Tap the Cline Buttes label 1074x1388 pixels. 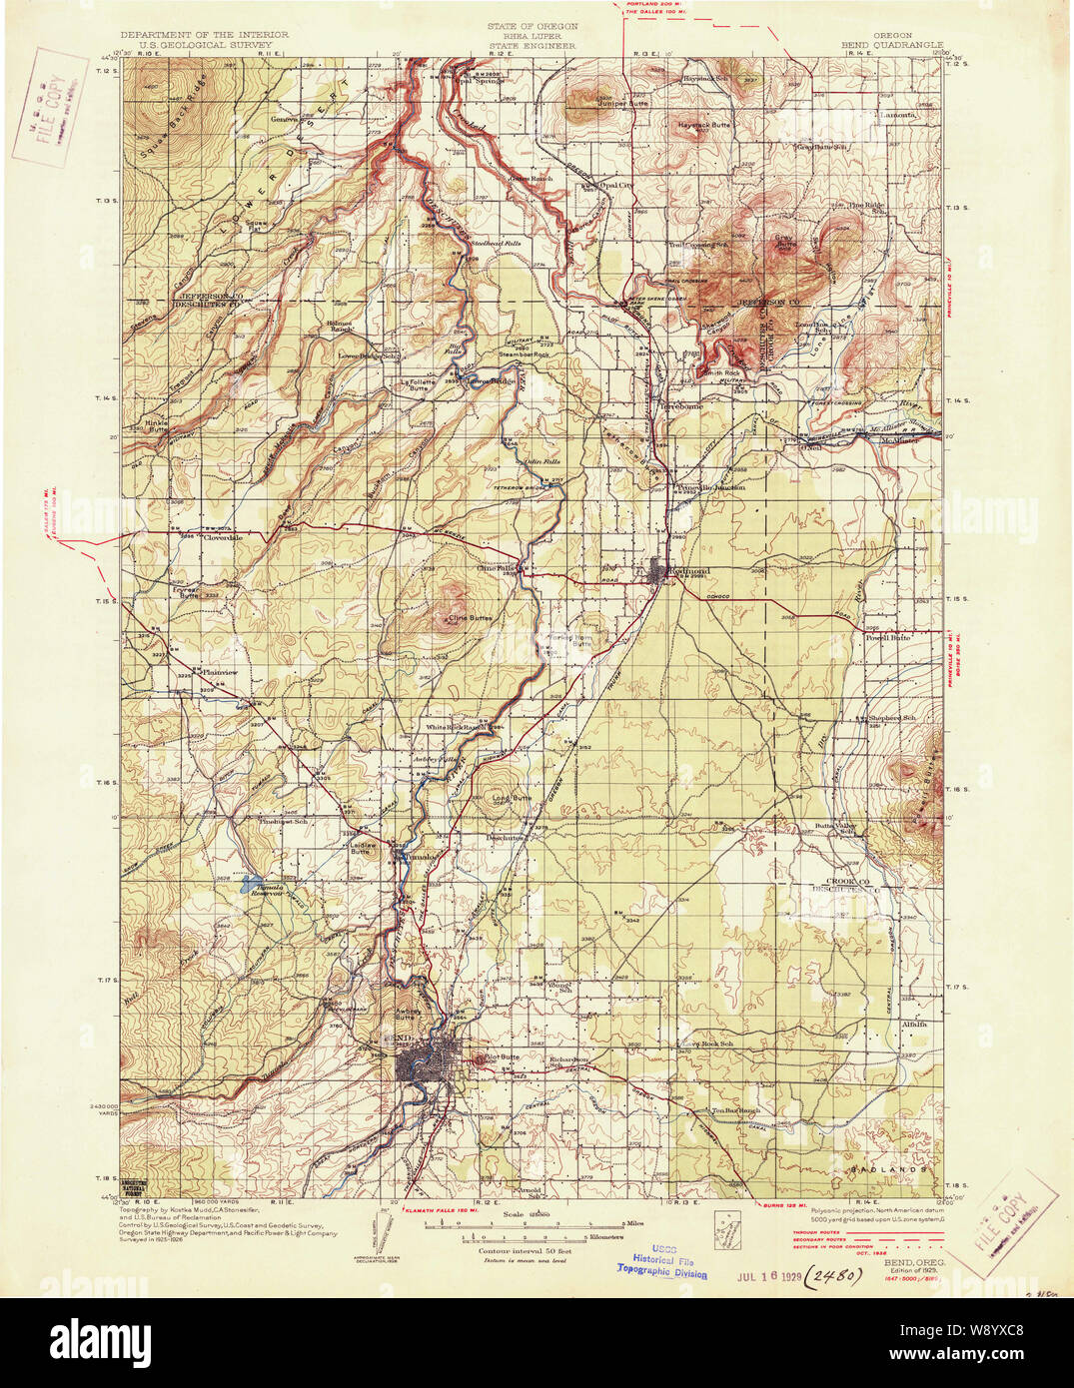(x=470, y=618)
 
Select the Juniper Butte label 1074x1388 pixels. (x=623, y=103)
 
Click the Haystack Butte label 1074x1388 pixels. (x=705, y=125)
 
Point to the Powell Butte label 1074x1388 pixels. (x=888, y=637)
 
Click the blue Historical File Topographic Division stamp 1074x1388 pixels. (x=661, y=1265)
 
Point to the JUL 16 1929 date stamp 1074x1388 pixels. (x=769, y=1276)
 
